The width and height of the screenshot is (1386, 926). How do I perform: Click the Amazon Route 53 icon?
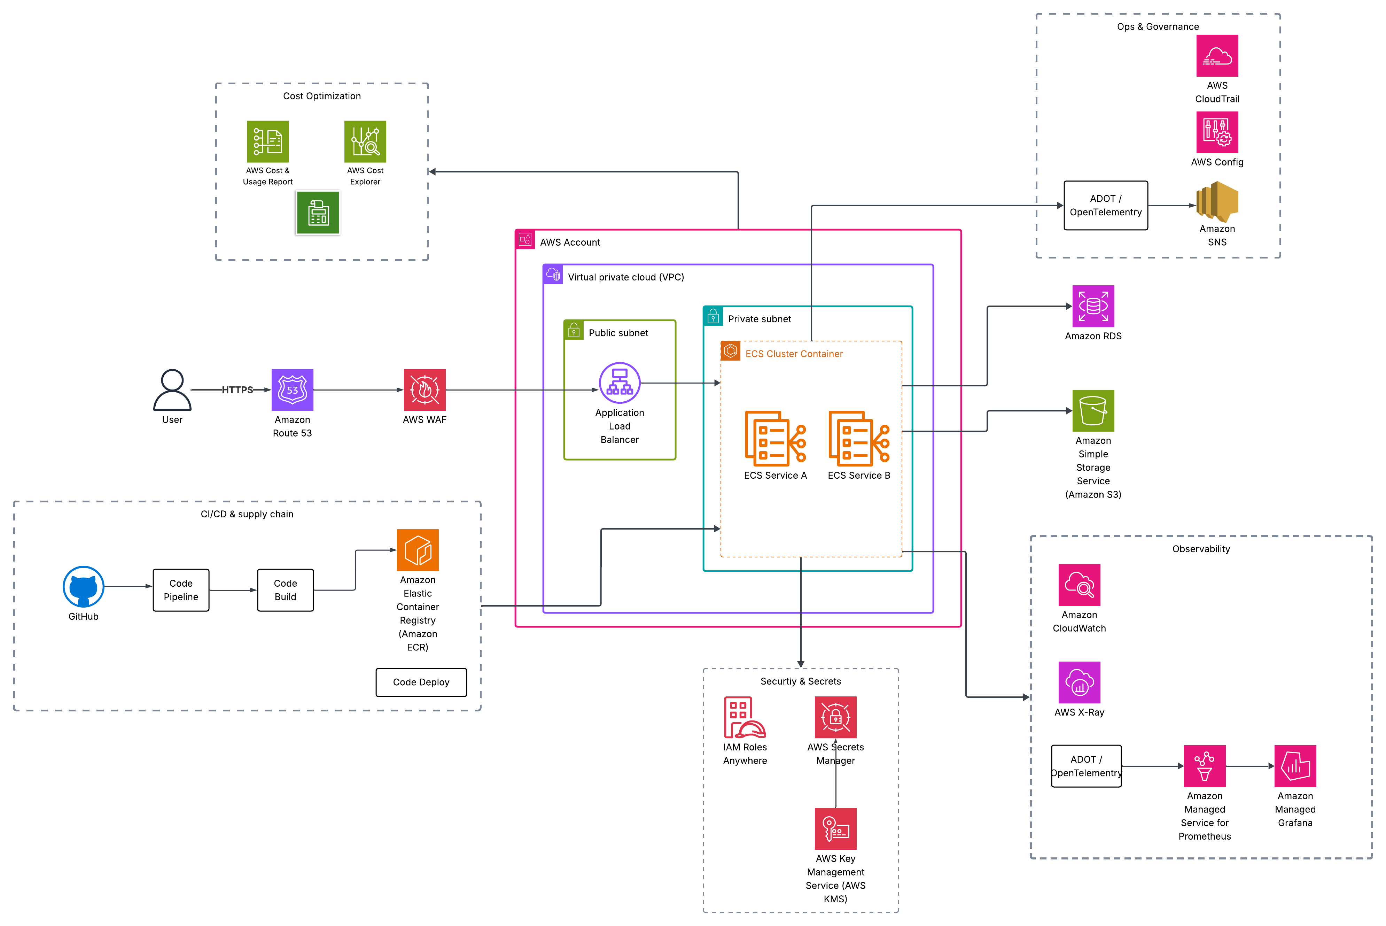[292, 390]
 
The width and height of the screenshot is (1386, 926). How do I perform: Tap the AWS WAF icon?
[425, 390]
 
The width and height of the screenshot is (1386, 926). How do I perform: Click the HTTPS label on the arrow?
[237, 390]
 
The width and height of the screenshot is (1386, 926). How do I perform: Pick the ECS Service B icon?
[859, 437]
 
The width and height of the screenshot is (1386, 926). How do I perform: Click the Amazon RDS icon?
[1093, 306]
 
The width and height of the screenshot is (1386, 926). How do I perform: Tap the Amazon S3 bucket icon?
[1093, 410]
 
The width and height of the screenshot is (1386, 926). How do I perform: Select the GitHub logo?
[83, 586]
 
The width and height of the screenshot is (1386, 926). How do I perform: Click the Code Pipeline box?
[181, 590]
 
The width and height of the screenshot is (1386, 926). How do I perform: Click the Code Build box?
[285, 590]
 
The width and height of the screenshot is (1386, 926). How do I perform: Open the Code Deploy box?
[421, 682]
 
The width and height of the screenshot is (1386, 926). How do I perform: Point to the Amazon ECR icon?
[417, 550]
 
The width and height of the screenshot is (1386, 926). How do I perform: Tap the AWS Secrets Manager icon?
[835, 717]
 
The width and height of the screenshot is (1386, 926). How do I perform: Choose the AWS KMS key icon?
[835, 828]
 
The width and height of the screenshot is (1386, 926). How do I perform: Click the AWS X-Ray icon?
[1079, 682]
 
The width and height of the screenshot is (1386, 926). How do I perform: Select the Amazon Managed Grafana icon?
[1295, 766]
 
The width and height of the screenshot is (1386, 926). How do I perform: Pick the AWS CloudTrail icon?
[1217, 55]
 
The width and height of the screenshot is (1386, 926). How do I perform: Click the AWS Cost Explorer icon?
[365, 142]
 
